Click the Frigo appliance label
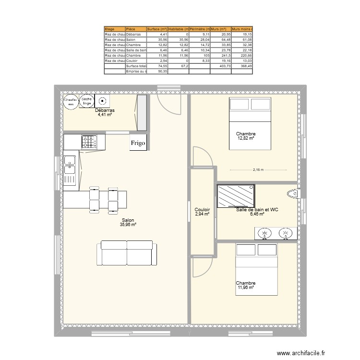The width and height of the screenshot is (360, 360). [x=138, y=143]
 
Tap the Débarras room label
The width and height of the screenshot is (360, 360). [x=104, y=110]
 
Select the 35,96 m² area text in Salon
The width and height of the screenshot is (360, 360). [x=128, y=225]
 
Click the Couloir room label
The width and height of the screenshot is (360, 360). [x=202, y=210]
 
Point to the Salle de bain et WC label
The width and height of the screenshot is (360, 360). [x=257, y=210]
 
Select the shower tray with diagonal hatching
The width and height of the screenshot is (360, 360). [x=236, y=196]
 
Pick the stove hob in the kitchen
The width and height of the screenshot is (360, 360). [x=89, y=142]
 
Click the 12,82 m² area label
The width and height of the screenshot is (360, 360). [x=245, y=138]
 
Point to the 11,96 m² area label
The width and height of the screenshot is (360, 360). [x=245, y=288]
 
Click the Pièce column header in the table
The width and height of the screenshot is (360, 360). [x=135, y=29]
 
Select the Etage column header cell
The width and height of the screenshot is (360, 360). [x=115, y=29]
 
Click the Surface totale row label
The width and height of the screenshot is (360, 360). [x=135, y=66]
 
